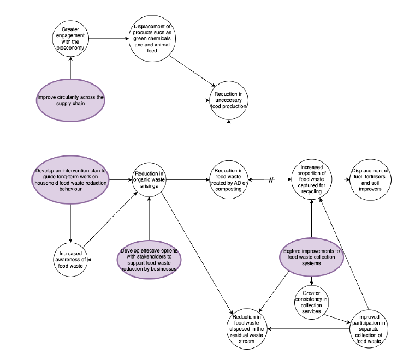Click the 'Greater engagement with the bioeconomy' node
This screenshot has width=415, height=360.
(x=70, y=38)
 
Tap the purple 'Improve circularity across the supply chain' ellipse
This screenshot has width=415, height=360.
(x=70, y=98)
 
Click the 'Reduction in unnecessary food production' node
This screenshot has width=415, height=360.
(x=229, y=100)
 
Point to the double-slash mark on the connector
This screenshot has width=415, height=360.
(x=271, y=179)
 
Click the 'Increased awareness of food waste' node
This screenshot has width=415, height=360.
(x=71, y=259)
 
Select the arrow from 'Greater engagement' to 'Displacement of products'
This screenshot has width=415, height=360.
(x=109, y=38)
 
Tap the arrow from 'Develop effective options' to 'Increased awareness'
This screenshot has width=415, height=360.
(x=103, y=259)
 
